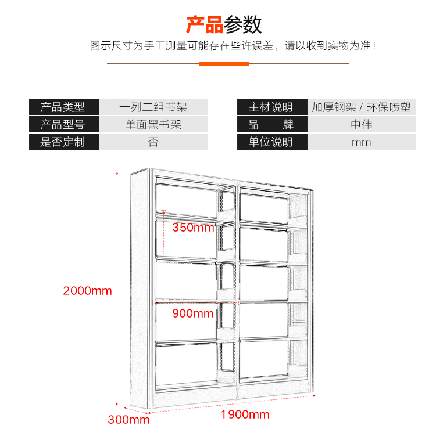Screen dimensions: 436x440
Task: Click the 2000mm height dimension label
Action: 87,291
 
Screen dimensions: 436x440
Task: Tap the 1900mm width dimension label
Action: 245,414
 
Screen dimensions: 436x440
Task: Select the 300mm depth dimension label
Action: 128,420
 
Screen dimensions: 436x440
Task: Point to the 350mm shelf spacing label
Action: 194,228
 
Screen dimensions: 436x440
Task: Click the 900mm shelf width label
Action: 193,313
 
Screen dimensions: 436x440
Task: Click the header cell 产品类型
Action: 64,107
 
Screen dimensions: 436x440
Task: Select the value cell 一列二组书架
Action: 153,107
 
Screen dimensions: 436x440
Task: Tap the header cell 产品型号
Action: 64,124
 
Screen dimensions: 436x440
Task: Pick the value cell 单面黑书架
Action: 153,124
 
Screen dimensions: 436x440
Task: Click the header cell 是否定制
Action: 64,142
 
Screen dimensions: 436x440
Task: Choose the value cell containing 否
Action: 153,142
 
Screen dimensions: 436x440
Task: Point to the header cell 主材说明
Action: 272,107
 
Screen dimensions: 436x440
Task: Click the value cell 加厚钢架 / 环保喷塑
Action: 362,107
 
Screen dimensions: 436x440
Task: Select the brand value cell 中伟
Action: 362,124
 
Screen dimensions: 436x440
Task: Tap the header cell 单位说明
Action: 272,142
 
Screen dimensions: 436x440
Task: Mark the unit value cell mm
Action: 362,142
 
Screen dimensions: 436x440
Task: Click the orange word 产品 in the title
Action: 205,25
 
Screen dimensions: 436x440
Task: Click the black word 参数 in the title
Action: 243,25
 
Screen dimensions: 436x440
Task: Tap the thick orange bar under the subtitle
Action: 224,64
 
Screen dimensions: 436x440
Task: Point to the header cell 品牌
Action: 272,124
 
